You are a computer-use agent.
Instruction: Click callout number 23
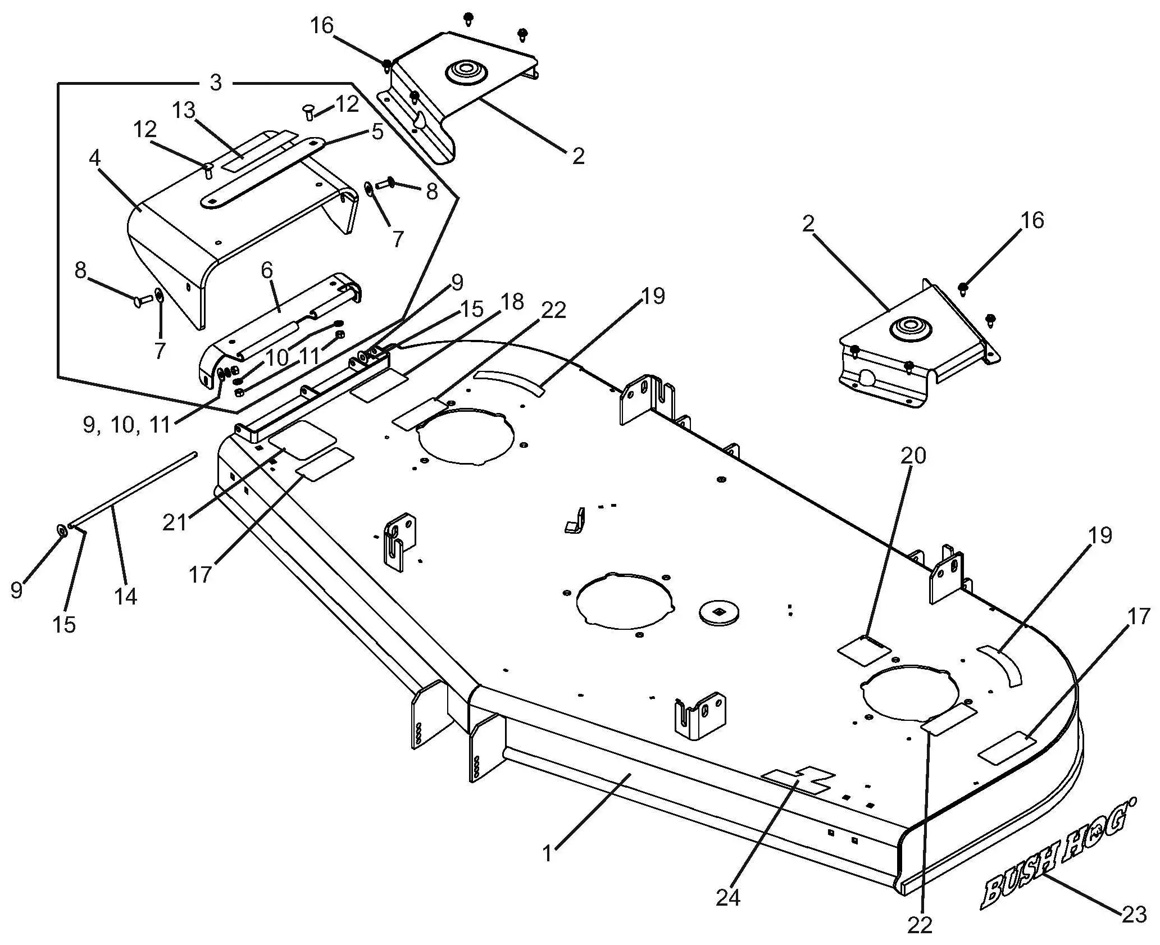[1134, 914]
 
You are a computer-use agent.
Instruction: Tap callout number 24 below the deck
[727, 897]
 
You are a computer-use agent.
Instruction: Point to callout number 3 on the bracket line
[216, 83]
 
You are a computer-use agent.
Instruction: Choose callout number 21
[174, 523]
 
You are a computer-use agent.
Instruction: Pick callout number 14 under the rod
[125, 596]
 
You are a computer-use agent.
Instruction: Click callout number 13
[184, 111]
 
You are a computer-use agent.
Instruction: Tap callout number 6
[267, 270]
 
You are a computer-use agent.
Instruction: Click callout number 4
[94, 158]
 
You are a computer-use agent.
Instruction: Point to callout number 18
[511, 302]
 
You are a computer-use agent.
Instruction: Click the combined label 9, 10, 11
[127, 425]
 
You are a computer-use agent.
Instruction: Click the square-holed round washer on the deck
[719, 612]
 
